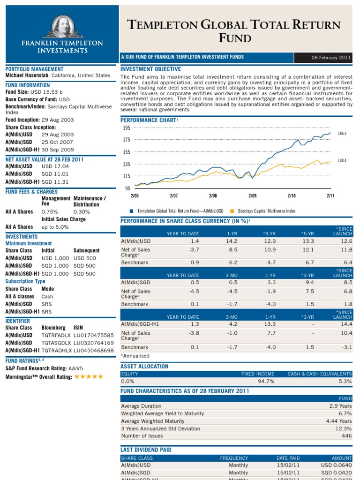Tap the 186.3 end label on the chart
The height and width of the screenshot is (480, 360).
[342, 134]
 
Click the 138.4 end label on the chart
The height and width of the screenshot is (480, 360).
[342, 160]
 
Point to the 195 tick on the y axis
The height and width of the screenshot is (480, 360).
[126, 128]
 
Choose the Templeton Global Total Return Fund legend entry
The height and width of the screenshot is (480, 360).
[180, 211]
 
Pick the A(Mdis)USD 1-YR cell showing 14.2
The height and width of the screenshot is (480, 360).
[228, 241]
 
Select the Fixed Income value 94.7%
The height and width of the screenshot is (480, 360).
[266, 382]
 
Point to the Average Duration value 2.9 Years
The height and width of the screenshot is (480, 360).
[340, 406]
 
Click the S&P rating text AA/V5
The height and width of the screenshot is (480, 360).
[78, 369]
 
